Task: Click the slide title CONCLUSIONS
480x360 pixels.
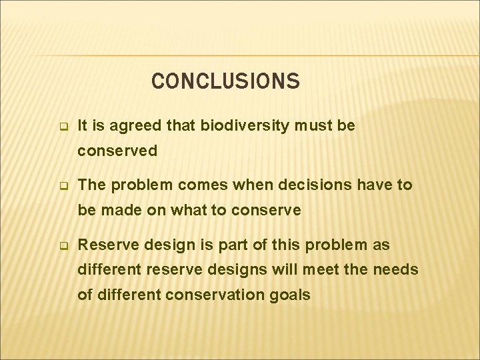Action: [x=225, y=81]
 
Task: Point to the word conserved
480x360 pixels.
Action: [x=117, y=151]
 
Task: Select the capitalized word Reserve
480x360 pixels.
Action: [x=105, y=245]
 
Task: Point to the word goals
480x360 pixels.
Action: [x=291, y=295]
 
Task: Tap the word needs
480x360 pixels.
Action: [x=419, y=269]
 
